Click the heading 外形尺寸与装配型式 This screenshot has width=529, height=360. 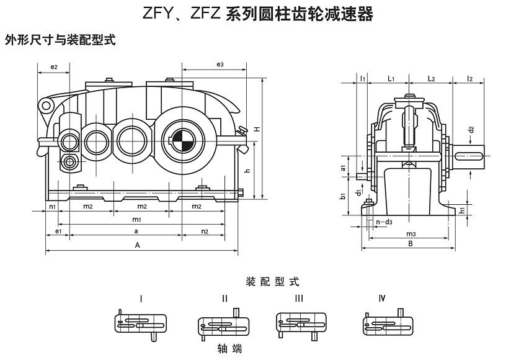60,40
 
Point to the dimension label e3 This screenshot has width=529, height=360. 220,65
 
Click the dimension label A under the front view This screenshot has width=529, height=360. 138,245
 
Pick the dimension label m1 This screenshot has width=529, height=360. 136,220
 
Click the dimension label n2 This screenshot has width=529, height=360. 205,232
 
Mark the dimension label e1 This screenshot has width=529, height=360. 58,232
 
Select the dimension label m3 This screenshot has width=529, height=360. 411,233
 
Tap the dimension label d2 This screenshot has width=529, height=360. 471,130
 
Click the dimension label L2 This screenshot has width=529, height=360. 432,79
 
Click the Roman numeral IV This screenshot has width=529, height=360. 382,298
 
